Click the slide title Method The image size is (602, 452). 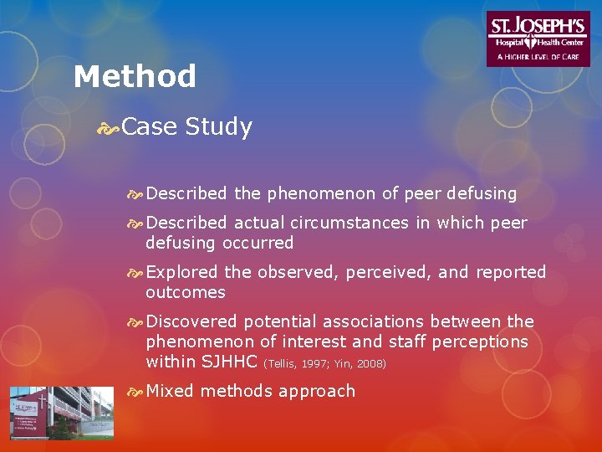[135, 77]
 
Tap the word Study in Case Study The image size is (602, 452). [218, 127]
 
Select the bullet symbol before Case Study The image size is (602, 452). [108, 128]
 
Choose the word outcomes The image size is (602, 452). [185, 292]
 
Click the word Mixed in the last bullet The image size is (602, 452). [170, 391]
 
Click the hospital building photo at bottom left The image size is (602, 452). [61, 413]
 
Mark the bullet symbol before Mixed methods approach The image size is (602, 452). [135, 392]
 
